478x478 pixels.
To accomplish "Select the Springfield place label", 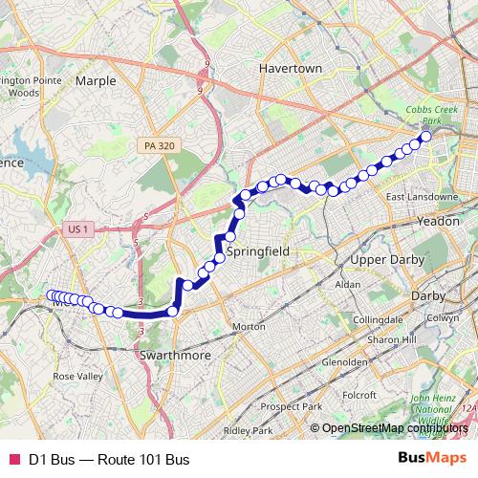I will point(256,250).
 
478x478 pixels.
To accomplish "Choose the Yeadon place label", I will point(440,220).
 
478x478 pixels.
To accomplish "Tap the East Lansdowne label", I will point(422,197).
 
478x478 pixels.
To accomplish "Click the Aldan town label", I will point(348,285).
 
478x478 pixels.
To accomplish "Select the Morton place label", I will point(249,326).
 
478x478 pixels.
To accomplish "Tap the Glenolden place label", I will point(345,363).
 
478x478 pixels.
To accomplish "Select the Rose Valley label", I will point(76,377).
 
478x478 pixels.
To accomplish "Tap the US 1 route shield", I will point(78,229).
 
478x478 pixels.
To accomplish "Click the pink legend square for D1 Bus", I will point(13,461).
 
